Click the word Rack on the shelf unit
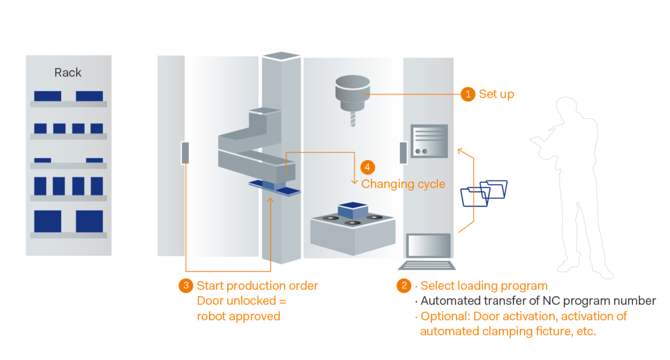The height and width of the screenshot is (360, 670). pos(68,73)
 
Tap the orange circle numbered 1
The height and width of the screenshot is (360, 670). pos(468,94)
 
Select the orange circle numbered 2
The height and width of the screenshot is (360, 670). pos(404,285)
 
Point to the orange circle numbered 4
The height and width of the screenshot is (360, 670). pos(368,168)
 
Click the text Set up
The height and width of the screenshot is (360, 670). pos(497,94)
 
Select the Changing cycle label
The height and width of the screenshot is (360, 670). pos(403,184)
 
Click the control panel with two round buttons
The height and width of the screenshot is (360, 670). pos(429,141)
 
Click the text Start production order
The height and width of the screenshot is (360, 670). pos(257,285)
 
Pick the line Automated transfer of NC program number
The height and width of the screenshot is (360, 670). pos(538,301)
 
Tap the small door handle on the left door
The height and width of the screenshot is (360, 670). pos(185,153)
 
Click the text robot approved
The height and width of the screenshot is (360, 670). pos(239,316)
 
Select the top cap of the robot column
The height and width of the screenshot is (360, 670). pos(280,56)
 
